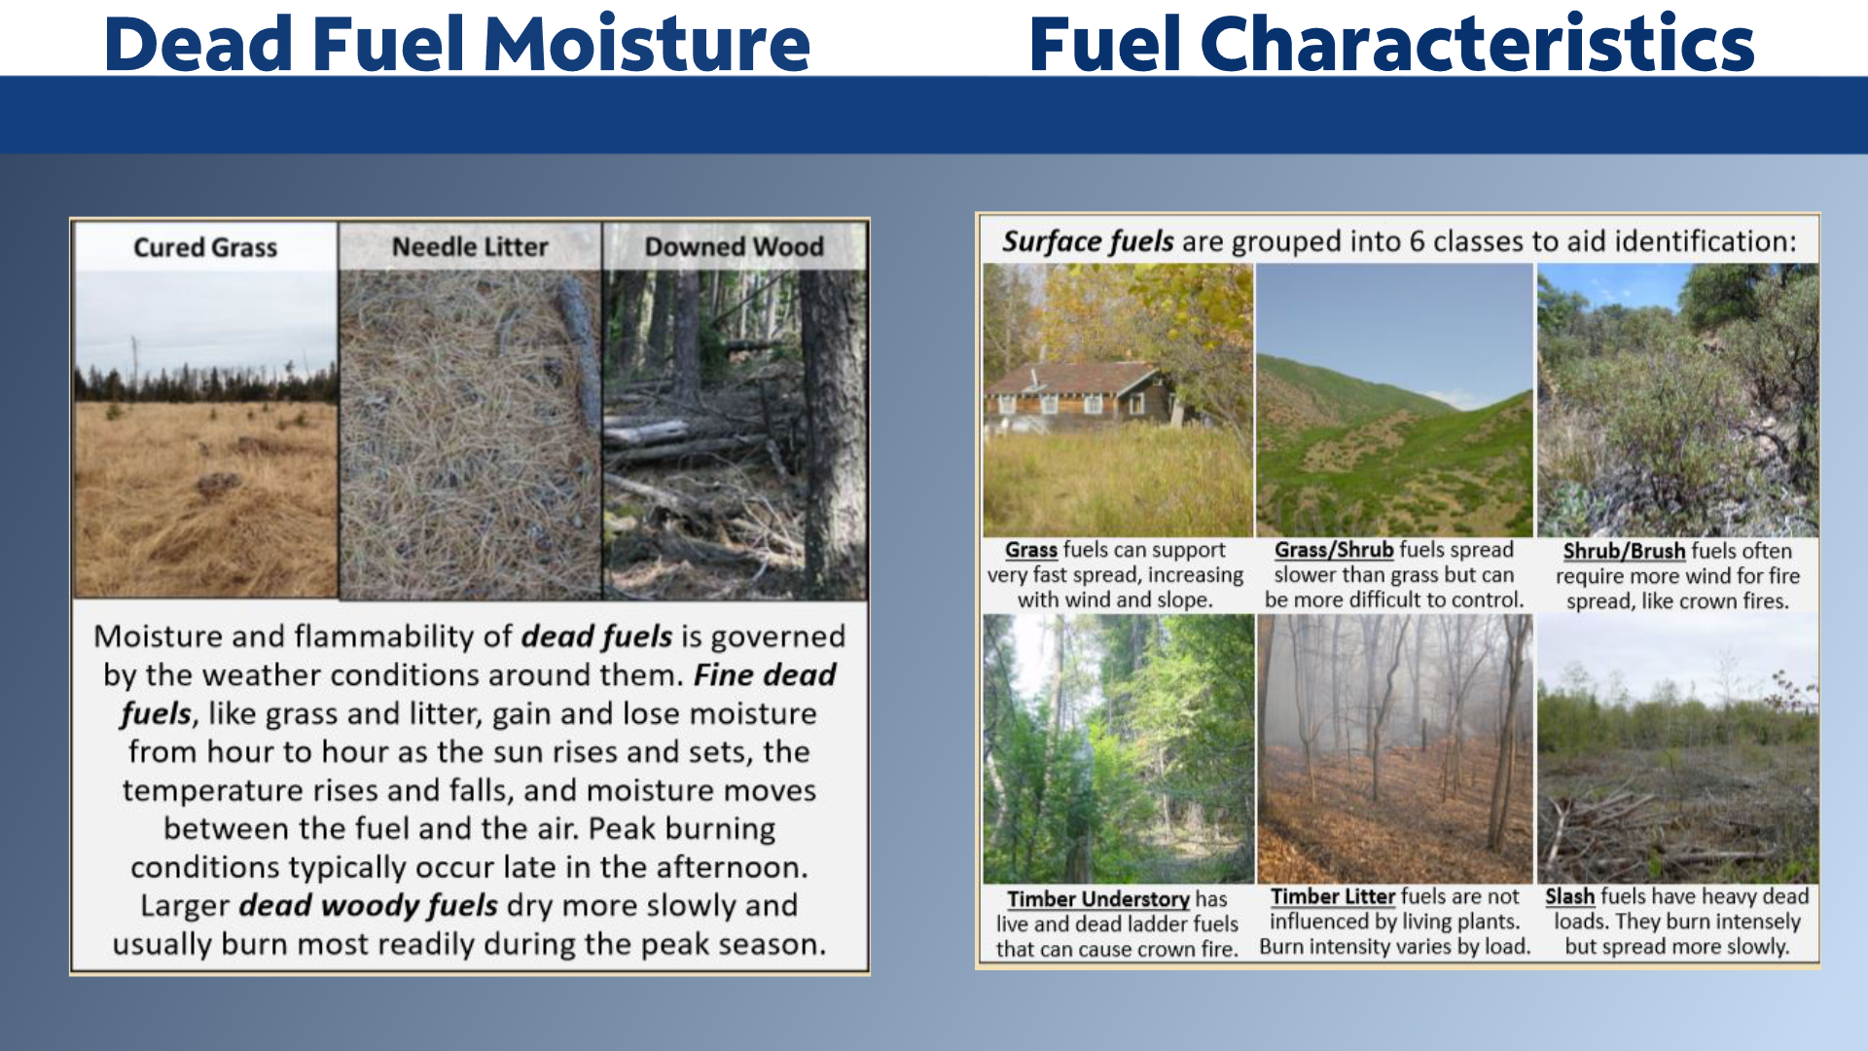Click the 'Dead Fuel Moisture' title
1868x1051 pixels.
click(457, 44)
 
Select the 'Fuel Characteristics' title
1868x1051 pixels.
click(1391, 44)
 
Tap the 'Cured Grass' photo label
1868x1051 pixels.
click(205, 247)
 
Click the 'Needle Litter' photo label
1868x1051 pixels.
click(470, 247)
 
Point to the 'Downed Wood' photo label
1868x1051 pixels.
click(735, 247)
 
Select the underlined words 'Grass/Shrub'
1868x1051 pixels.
click(1334, 550)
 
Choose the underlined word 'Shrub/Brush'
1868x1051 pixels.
click(1624, 551)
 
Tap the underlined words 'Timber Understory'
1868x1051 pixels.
click(1098, 899)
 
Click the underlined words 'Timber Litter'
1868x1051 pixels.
click(1333, 896)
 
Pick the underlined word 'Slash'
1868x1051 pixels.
click(1570, 896)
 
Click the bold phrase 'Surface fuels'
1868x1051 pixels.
click(1088, 241)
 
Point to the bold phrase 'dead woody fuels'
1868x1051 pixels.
click(369, 906)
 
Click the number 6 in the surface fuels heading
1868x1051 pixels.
click(1419, 241)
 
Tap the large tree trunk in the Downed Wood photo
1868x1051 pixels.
click(832, 428)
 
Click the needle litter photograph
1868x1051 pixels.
click(470, 433)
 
